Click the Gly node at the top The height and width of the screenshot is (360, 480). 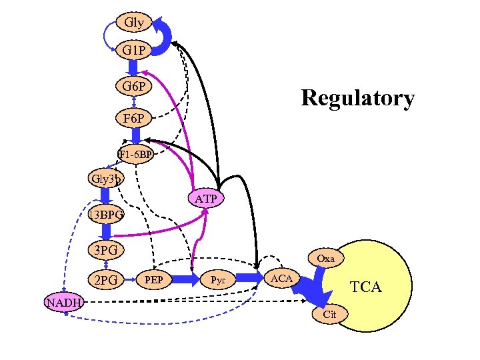point(133,22)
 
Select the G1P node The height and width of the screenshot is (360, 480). point(133,51)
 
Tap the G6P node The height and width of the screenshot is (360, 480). point(133,86)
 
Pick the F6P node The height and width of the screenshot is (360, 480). point(133,119)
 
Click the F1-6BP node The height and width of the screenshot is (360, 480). point(136,155)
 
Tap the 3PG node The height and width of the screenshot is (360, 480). point(105,251)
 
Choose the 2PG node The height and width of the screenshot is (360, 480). point(105,280)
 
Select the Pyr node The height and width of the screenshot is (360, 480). point(218,278)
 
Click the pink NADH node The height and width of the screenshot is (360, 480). point(63,303)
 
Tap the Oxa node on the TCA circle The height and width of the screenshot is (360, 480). point(326,258)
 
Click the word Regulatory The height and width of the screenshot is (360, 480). point(357,98)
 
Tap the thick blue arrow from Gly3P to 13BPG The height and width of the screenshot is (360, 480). point(105,197)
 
